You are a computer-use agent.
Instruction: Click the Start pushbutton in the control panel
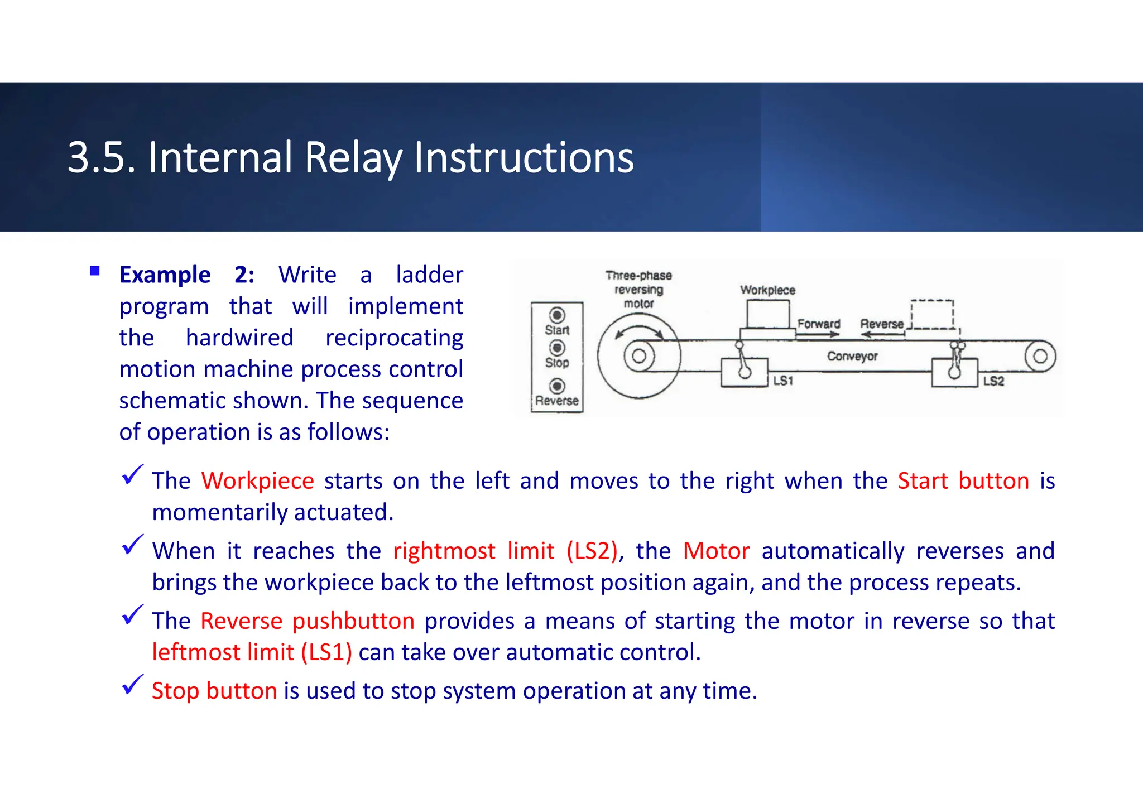tap(557, 315)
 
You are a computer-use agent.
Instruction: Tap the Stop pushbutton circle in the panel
tap(557, 348)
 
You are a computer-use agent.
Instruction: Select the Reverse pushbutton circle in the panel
tap(557, 386)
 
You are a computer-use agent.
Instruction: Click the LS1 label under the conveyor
tap(783, 381)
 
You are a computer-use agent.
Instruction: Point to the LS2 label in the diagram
tap(993, 381)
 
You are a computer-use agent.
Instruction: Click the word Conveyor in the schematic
tap(852, 356)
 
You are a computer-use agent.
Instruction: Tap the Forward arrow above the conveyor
tap(819, 334)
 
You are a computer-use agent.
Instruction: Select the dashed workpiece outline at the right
tap(931, 315)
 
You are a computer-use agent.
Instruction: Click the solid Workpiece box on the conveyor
tap(768, 315)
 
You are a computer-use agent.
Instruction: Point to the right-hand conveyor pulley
tap(1040, 356)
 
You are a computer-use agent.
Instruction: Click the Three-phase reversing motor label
tap(638, 290)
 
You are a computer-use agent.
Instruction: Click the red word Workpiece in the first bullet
tap(258, 481)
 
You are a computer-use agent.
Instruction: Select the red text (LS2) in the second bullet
tap(592, 551)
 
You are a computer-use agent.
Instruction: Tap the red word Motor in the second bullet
tap(716, 551)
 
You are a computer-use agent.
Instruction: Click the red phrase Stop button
tap(214, 691)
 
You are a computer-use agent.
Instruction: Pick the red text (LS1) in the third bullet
tap(326, 652)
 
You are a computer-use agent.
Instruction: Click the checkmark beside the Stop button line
tap(132, 685)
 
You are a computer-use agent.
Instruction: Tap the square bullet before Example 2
tap(95, 272)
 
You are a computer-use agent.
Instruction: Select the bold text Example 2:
tap(187, 275)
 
